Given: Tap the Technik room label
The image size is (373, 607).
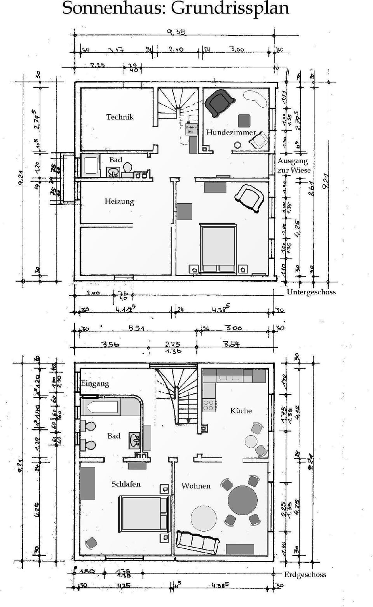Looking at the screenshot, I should [120, 117].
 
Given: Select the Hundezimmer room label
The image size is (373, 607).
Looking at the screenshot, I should [231, 132].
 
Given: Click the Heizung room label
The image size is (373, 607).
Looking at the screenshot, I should [119, 201].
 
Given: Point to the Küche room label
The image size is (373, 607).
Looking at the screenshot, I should [241, 410].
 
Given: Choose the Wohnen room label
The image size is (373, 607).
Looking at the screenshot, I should [196, 486].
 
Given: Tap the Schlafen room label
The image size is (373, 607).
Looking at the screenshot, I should [126, 484].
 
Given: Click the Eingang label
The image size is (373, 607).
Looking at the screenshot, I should [95, 384].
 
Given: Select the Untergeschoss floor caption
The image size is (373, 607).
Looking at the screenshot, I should [311, 292].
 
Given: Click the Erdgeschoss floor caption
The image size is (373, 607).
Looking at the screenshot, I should [305, 574].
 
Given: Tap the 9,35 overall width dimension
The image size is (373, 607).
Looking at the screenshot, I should [176, 32].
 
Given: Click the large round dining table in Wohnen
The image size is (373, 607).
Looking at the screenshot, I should [242, 500].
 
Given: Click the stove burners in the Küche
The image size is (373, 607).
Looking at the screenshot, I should [209, 405].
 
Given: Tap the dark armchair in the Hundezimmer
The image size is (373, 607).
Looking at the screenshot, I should [219, 102].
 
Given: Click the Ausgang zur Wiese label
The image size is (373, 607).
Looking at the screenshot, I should [294, 166].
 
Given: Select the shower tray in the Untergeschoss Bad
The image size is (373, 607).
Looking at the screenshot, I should [91, 165].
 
